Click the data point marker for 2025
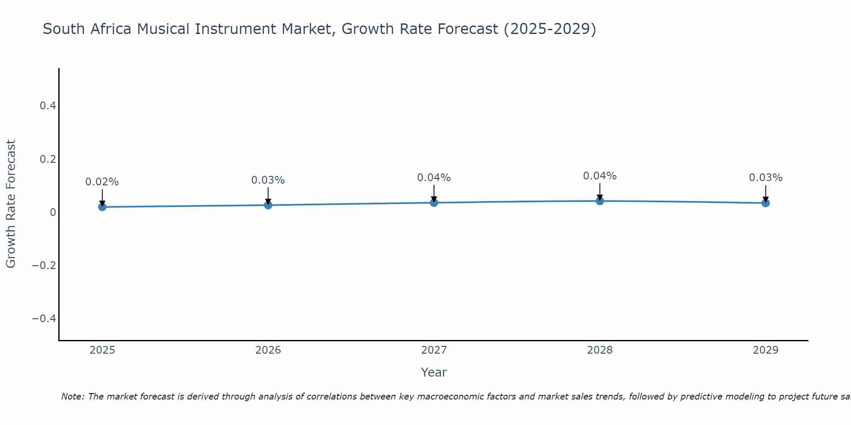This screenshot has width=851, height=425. coord(102,207)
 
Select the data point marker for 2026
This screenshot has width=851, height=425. coord(268,205)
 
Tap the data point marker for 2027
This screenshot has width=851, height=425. coord(434,203)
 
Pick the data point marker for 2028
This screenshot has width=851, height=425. coord(600,201)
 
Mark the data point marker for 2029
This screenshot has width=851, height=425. coord(765,203)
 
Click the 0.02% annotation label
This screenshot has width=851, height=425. coord(102,182)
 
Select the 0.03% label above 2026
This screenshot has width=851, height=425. coord(268,180)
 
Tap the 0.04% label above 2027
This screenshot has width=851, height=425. coord(434,178)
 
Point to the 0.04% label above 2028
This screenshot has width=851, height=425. coord(600,176)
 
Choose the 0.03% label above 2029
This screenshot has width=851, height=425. coord(765,178)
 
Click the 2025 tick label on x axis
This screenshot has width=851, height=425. coord(103,350)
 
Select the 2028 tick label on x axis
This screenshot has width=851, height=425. coord(600,350)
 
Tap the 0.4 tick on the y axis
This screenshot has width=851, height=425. coord(48,106)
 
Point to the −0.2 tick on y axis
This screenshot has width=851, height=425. coord(44,266)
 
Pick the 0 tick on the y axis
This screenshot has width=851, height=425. coord(53,212)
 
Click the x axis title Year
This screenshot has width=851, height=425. coord(434,372)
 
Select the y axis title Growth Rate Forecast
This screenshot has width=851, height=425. coord(11,204)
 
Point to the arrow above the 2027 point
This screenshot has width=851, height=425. coord(434,193)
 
